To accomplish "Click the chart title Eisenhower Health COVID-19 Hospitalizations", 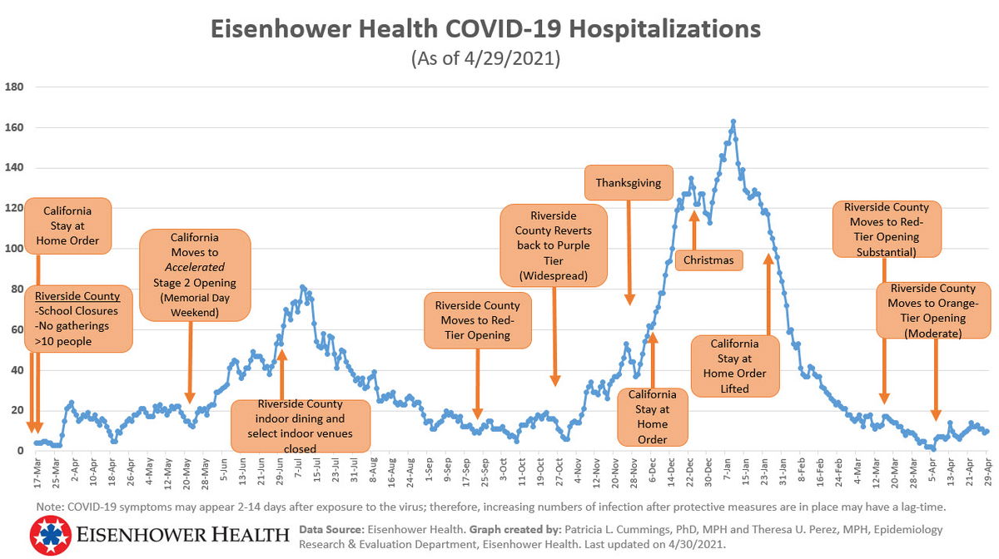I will pyautogui.click(x=485, y=29).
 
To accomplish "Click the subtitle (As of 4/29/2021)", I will pyautogui.click(x=485, y=59).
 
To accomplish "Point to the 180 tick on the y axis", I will pyautogui.click(x=14, y=87).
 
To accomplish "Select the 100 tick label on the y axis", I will pyautogui.click(x=14, y=249).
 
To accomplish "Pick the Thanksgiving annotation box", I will pyautogui.click(x=628, y=183).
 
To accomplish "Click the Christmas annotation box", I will pyautogui.click(x=708, y=260).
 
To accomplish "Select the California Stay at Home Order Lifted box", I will pyautogui.click(x=734, y=366).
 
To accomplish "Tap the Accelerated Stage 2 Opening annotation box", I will pyautogui.click(x=195, y=275).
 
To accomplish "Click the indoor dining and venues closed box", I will pyautogui.click(x=300, y=426).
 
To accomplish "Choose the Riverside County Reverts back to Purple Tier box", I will pyautogui.click(x=553, y=245).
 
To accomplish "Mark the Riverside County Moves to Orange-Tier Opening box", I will pyautogui.click(x=932, y=310).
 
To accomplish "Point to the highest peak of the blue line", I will pyautogui.click(x=733, y=121).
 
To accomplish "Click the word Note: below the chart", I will pyautogui.click(x=51, y=507).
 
